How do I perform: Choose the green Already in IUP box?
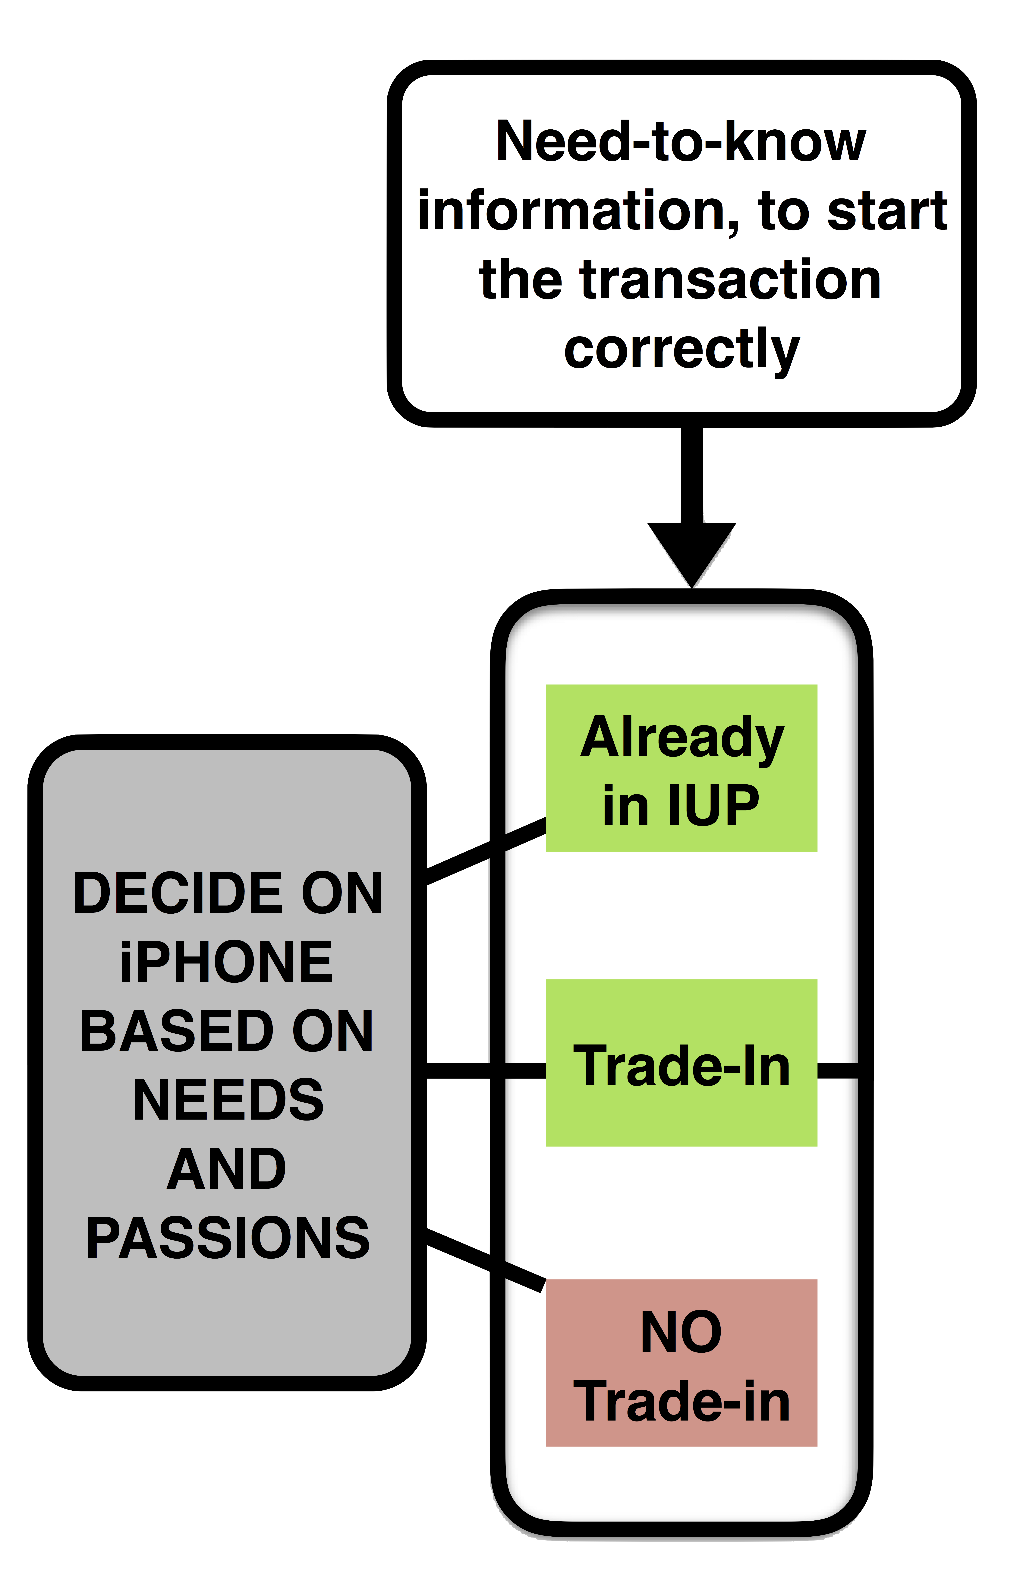click(681, 768)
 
